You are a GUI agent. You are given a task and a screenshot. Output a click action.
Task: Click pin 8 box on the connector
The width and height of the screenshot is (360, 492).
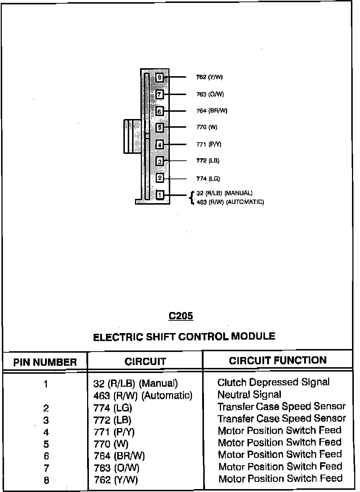[x=160, y=77]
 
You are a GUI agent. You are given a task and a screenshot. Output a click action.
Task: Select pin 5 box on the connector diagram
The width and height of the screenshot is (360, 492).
[x=160, y=127]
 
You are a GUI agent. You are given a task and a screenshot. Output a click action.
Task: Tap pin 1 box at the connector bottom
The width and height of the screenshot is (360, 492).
[x=160, y=195]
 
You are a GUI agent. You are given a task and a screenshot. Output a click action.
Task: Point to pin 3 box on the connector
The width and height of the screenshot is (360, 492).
[x=160, y=161]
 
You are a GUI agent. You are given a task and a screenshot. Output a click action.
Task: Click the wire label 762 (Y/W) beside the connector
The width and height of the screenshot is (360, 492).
[x=209, y=77]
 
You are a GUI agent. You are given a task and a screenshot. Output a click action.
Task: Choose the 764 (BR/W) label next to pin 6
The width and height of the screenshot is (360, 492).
[x=212, y=111]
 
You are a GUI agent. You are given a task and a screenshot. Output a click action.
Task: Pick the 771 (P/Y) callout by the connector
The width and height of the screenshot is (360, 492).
[x=209, y=144]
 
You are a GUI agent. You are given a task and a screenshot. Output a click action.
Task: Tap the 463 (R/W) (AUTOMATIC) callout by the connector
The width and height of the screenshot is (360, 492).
[x=230, y=202]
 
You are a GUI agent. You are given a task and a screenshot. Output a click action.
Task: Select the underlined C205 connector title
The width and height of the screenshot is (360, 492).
[x=181, y=316]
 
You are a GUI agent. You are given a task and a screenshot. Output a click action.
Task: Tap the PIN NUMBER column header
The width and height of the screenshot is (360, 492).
[x=45, y=362]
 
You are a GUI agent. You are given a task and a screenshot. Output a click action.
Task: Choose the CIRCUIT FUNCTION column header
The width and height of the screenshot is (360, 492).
[x=278, y=360]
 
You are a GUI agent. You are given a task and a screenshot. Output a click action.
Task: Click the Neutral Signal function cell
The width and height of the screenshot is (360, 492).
[x=249, y=394]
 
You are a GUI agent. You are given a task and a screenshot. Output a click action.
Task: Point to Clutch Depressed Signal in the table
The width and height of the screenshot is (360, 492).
[x=273, y=382]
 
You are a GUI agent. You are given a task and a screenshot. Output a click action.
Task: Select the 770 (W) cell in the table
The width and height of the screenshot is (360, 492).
[x=111, y=444]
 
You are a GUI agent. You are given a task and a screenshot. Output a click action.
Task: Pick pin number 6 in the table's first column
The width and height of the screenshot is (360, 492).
[x=46, y=456]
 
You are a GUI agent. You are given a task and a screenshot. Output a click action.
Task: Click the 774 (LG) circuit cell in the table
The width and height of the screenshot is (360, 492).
[x=113, y=408]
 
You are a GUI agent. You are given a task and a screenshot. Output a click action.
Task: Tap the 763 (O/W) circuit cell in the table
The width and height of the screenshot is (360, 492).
[x=116, y=468]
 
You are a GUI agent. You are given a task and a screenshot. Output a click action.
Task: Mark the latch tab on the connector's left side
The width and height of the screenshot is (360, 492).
[x=132, y=136]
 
